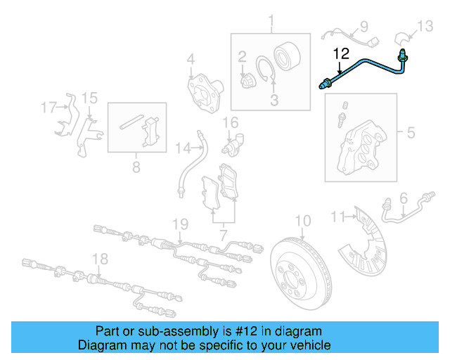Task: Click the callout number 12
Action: tap(340, 53)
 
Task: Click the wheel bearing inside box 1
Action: tap(288, 56)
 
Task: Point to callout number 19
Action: tap(181, 224)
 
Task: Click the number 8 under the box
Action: tap(136, 167)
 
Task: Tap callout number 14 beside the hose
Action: tap(183, 148)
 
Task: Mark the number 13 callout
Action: tap(426, 26)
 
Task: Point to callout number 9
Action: tap(364, 27)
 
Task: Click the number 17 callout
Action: tap(49, 108)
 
